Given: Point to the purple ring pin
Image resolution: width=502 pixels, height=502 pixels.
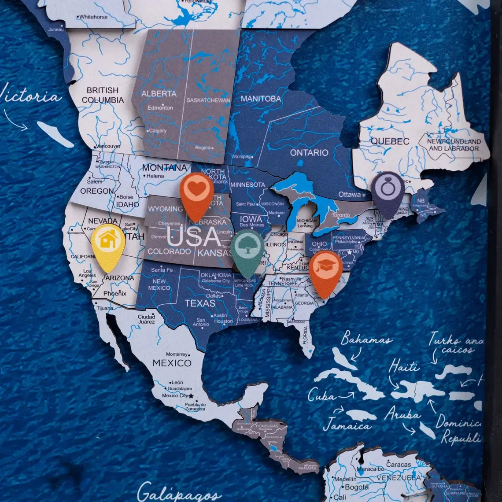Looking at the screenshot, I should point(387,192).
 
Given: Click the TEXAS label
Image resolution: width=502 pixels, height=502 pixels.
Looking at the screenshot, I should point(200,303).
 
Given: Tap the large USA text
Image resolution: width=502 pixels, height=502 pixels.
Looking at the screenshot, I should point(194,237).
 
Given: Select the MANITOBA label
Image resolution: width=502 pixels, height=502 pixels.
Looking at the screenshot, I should point(261,99).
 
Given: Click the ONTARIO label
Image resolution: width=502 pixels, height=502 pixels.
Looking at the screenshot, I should point(309,152).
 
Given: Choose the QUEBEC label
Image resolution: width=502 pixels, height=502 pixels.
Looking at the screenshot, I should point(390,141).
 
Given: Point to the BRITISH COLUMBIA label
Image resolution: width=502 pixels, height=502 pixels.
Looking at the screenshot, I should point(103,95).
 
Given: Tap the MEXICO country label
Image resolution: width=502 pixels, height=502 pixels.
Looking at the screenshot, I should point(172,363).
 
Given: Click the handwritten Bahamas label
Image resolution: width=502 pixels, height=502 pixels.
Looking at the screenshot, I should point(366,339).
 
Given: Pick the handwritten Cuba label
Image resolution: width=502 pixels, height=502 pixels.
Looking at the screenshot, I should point(321,395).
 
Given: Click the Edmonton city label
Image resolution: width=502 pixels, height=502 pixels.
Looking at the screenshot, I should point(160,107).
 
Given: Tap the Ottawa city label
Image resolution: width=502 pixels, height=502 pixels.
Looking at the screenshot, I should point(349,194).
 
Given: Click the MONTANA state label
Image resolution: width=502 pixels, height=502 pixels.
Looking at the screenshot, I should point(164,168).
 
